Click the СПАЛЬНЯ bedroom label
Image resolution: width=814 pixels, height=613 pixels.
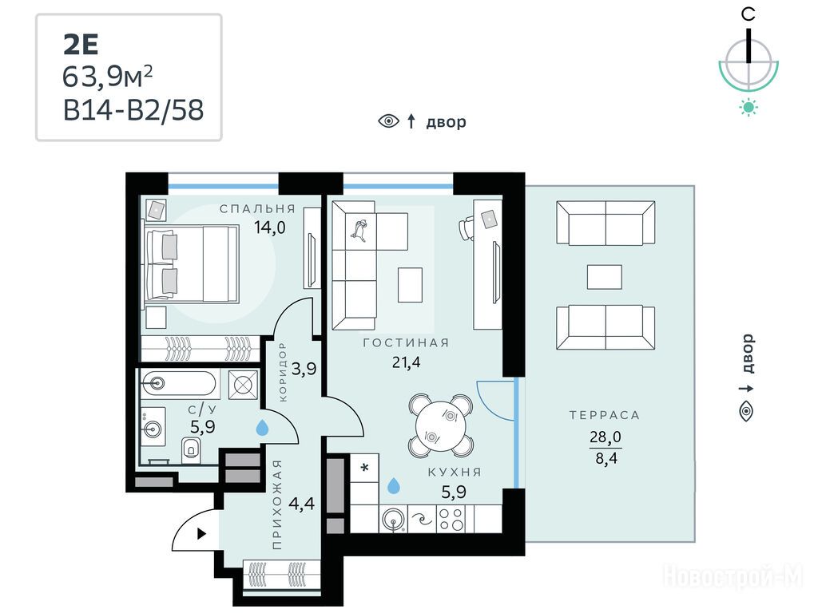[x=257, y=209]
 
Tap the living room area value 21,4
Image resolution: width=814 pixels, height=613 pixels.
[x=406, y=362]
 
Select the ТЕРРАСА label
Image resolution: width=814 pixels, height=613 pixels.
[x=604, y=415]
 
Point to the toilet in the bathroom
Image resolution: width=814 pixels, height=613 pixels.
[x=191, y=448]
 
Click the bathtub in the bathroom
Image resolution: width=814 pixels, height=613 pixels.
[x=177, y=384]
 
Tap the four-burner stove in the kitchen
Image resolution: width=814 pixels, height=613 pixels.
[x=451, y=519]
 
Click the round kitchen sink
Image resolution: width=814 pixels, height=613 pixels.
[x=394, y=519]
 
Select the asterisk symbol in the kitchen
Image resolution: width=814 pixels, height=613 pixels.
[x=364, y=468]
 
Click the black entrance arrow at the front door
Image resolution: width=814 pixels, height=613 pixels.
[x=201, y=534]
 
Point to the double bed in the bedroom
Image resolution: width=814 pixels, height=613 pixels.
[x=191, y=263]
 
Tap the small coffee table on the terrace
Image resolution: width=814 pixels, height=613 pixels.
[x=604, y=277]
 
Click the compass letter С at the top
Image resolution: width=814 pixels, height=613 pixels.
[x=748, y=14]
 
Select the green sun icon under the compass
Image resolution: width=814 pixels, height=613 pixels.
[x=748, y=108]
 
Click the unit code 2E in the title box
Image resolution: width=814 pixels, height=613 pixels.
[x=81, y=45]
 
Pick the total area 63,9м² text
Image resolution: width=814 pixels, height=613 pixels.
[x=108, y=77]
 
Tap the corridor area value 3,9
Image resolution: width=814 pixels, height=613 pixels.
[x=304, y=369]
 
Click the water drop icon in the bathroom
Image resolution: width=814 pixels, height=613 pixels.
[x=263, y=428]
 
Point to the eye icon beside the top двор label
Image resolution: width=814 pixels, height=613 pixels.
[x=388, y=121]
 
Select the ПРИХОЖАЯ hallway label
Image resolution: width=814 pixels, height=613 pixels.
[x=276, y=504]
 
